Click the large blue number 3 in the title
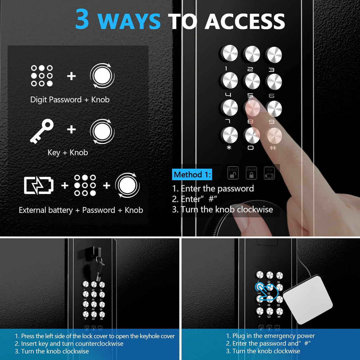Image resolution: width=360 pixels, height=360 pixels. [x=82, y=19]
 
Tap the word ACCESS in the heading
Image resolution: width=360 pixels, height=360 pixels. [x=245, y=22]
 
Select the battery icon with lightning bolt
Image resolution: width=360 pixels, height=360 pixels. [x=39, y=186]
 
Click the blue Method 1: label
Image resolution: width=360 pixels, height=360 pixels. [x=192, y=175]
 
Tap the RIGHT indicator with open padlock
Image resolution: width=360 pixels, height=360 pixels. [x=233, y=173]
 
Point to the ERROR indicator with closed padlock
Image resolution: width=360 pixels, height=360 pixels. [x=251, y=173]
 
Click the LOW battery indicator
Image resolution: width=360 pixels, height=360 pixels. [x=269, y=173]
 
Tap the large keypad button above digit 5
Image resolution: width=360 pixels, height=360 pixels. [x=252, y=81]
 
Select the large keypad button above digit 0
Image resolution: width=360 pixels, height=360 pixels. [x=252, y=135]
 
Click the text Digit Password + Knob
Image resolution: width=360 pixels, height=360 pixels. [x=70, y=100]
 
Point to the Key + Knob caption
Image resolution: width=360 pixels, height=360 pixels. [x=68, y=152]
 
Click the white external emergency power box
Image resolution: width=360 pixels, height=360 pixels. [x=308, y=299]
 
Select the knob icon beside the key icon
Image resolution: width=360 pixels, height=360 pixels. [x=102, y=131]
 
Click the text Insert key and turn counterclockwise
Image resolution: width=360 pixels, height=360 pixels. [x=69, y=344]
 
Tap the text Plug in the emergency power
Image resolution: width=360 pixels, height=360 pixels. [x=270, y=336]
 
